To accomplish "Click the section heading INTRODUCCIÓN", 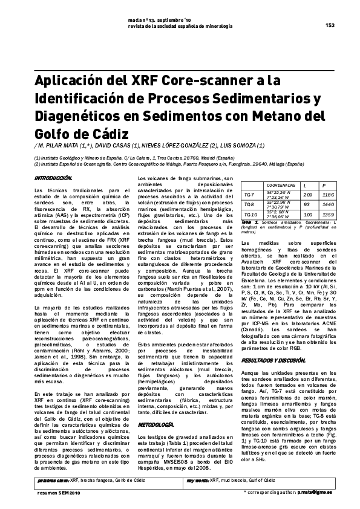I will (53, 178).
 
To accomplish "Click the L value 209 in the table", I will (307, 195).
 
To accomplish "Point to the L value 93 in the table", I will (307, 204).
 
